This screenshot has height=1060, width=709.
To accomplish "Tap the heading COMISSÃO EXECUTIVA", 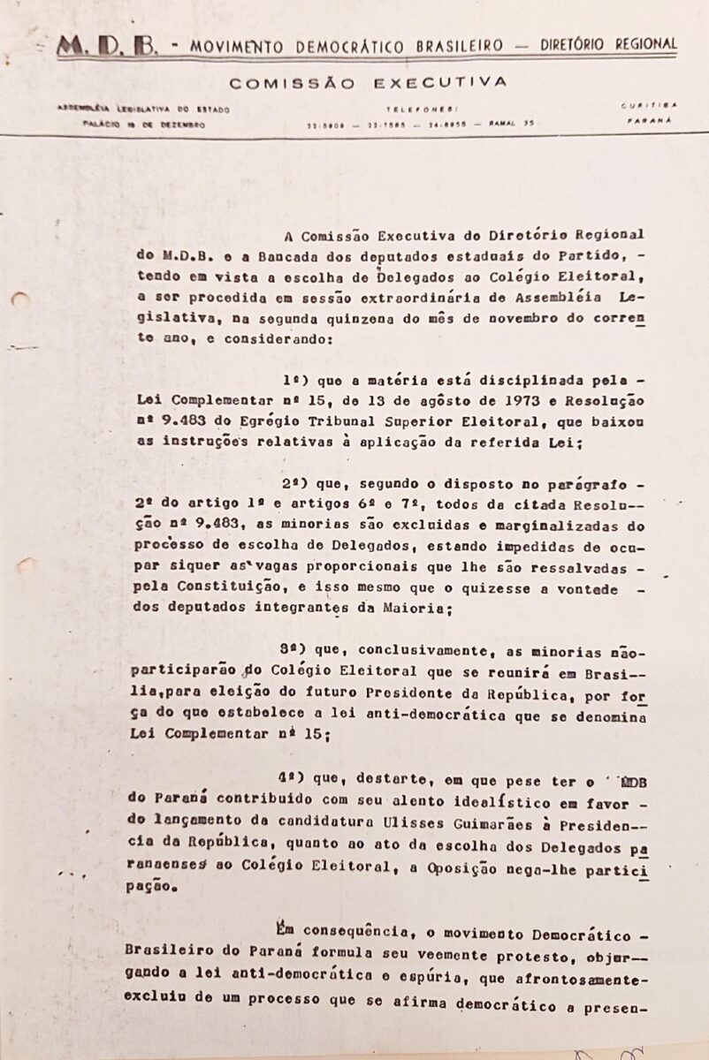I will pos(368,83).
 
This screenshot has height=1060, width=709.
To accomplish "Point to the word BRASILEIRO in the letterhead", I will pos(449,45).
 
